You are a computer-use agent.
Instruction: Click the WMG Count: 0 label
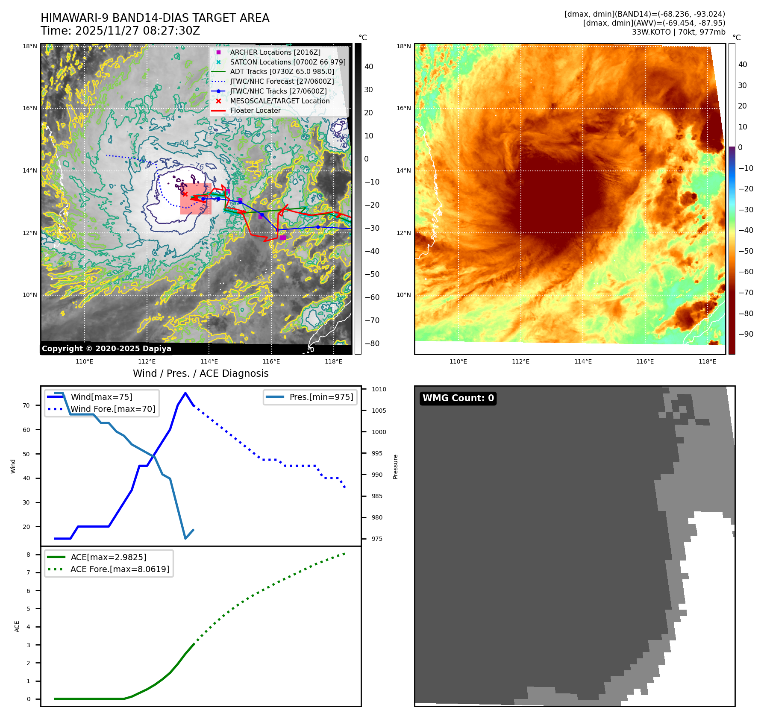point(458,398)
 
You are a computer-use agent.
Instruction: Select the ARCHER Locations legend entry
point(275,52)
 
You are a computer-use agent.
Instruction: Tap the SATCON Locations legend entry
point(287,62)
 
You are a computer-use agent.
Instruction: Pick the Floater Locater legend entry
point(255,110)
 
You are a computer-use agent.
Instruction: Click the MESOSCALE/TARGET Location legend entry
point(279,101)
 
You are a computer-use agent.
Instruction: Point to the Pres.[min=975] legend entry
point(321,397)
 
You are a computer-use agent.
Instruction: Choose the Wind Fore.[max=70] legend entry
point(112,409)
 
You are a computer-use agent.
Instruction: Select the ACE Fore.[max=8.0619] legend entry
point(120,569)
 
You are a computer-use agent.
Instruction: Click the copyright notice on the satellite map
point(106,349)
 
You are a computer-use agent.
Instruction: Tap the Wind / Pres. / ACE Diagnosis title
point(200,373)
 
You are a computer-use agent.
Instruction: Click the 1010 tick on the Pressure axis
point(379,389)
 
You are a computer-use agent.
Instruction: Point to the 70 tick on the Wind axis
point(26,405)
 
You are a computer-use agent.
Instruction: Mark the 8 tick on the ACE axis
point(28,555)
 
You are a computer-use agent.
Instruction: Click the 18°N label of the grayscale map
point(30,46)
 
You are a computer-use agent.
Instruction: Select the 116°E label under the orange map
point(645,361)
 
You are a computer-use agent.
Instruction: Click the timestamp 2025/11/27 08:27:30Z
point(137,31)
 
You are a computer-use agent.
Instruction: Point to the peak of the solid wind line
point(185,393)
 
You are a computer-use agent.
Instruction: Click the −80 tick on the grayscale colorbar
point(371,343)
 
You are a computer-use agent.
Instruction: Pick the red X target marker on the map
point(185,194)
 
